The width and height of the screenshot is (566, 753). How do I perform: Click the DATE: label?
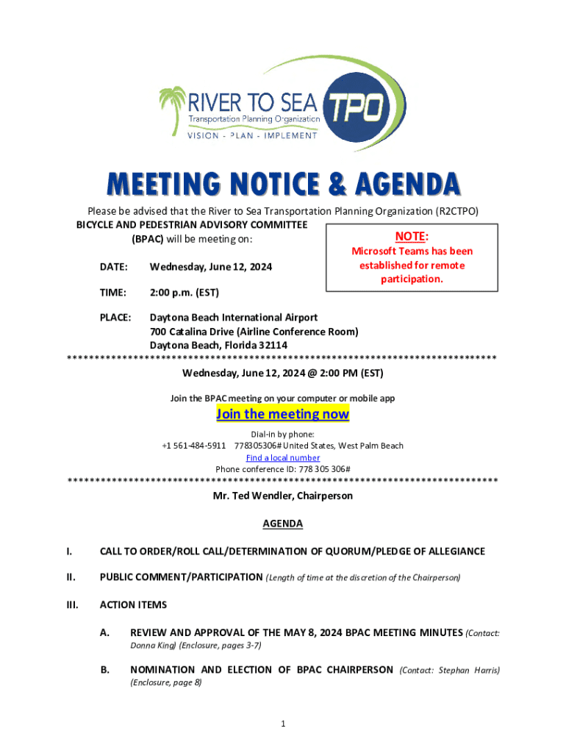pyautogui.click(x=114, y=267)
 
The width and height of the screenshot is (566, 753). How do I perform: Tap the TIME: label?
pyautogui.click(x=113, y=292)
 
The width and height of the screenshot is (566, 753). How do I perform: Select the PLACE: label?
pyautogui.click(x=115, y=318)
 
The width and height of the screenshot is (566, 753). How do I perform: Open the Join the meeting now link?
pyautogui.click(x=282, y=415)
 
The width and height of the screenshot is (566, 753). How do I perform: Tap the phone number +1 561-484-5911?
pyautogui.click(x=193, y=446)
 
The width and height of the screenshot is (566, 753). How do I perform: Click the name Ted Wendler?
pyautogui.click(x=264, y=496)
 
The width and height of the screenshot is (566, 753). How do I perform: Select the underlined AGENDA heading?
pyautogui.click(x=283, y=524)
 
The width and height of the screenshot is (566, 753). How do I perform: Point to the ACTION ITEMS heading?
pyautogui.click(x=133, y=605)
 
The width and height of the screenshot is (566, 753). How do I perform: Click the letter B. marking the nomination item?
pyautogui.click(x=105, y=670)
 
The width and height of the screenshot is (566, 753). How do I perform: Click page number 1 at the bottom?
pyautogui.click(x=283, y=724)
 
